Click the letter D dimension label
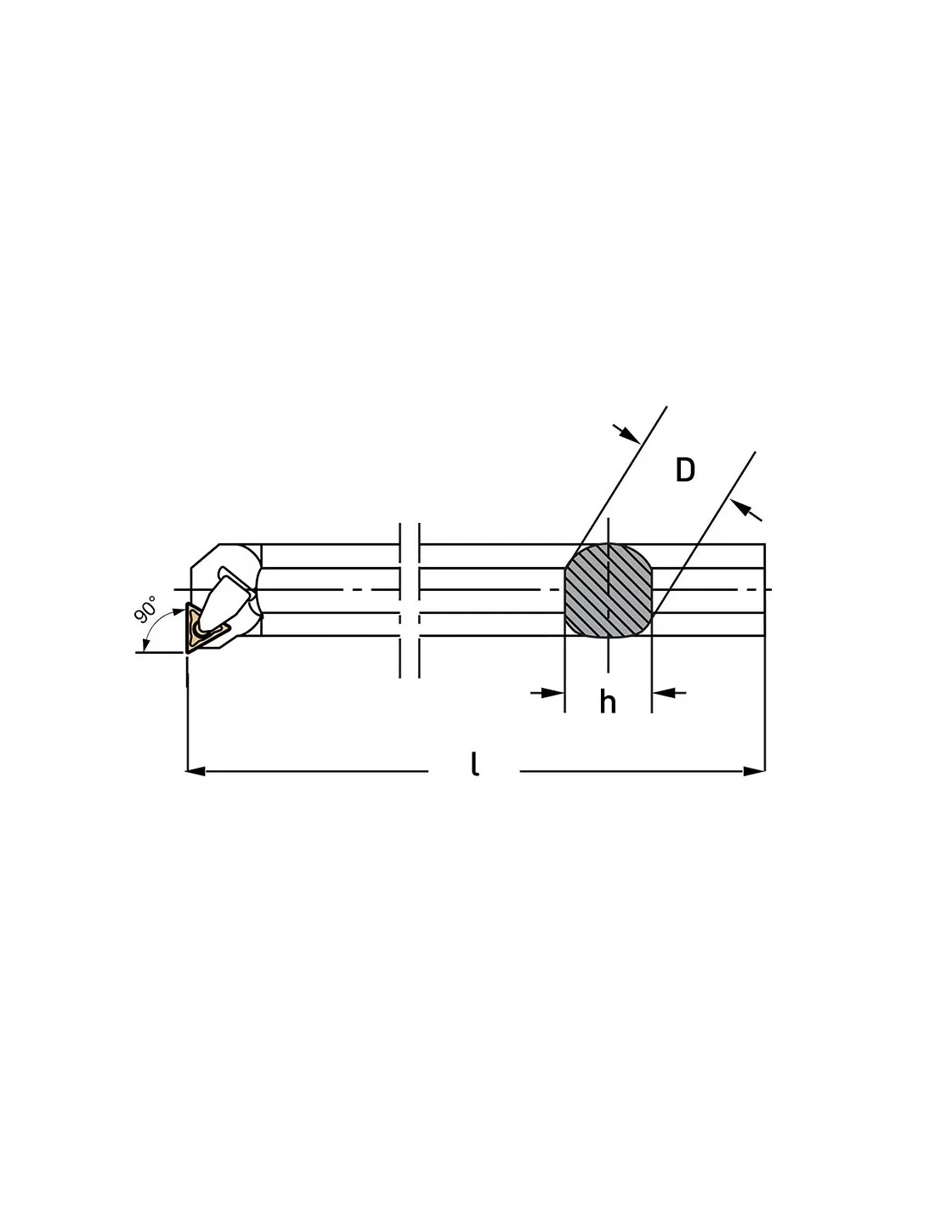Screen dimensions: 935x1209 point(685,469)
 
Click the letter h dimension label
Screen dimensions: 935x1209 point(608,702)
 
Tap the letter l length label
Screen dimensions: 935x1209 point(474,763)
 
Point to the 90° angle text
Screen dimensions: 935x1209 point(145,608)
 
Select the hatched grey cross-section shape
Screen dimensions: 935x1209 point(608,590)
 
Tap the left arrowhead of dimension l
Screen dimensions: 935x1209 point(195,771)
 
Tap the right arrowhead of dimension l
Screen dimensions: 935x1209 point(755,771)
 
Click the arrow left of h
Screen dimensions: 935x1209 point(547,693)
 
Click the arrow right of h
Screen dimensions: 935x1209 point(669,693)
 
